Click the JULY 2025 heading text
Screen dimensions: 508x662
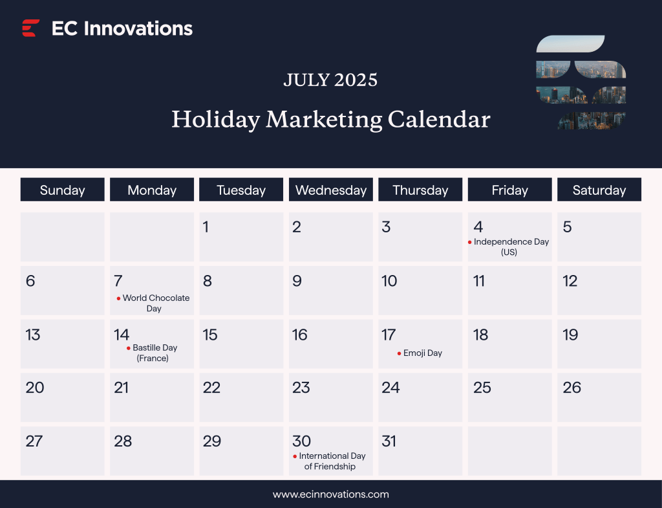pyautogui.click(x=330, y=80)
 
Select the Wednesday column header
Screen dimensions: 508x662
pyautogui.click(x=331, y=190)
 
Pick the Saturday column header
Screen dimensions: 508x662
pyautogui.click(x=599, y=190)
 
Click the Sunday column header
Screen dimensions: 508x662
pyautogui.click(x=62, y=190)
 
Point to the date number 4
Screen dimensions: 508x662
pyautogui.click(x=478, y=226)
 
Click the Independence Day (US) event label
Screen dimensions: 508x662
pyautogui.click(x=511, y=247)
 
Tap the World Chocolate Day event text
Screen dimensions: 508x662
pyautogui.click(x=155, y=303)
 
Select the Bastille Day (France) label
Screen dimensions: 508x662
pyautogui.click(x=154, y=353)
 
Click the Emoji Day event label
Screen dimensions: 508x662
pyautogui.click(x=423, y=353)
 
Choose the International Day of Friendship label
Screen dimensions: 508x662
pyautogui.click(x=331, y=461)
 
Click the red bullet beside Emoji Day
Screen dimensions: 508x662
pyautogui.click(x=399, y=353)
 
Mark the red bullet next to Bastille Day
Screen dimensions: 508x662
pyautogui.click(x=128, y=348)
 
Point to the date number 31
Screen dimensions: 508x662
pyautogui.click(x=389, y=441)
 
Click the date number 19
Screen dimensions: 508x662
pyautogui.click(x=570, y=335)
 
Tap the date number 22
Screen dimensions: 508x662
pyautogui.click(x=211, y=388)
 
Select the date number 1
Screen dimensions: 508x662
pyautogui.click(x=206, y=226)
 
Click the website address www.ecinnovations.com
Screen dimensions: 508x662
pyautogui.click(x=331, y=494)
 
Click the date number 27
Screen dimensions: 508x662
pyautogui.click(x=34, y=441)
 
